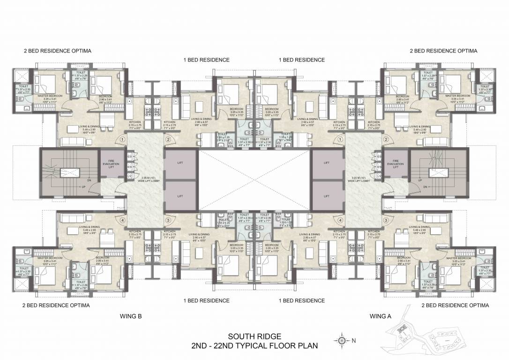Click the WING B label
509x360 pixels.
[130, 316]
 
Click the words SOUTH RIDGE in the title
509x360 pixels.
[254, 336]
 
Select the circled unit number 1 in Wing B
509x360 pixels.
[122, 139]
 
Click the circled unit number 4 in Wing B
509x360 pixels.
[122, 220]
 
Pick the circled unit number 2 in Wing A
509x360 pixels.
[386, 139]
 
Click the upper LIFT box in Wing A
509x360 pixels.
[327, 163]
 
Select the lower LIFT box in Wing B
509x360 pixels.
[180, 195]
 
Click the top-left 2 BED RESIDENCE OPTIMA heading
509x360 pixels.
[57, 50]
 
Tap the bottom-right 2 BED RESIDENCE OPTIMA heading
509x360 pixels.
[455, 305]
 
